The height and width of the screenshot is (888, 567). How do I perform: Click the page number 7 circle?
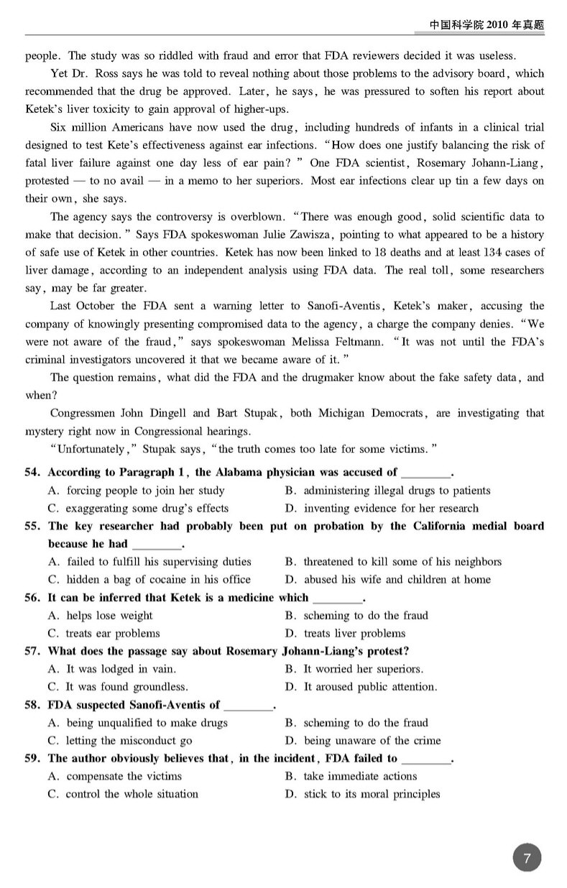click(527, 858)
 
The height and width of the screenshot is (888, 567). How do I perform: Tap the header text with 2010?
click(487, 24)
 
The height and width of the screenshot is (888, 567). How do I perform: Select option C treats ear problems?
click(104, 633)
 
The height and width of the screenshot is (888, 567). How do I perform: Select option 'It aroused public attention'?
click(361, 687)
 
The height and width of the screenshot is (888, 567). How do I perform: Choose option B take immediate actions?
click(351, 776)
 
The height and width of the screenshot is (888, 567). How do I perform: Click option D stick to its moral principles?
click(362, 794)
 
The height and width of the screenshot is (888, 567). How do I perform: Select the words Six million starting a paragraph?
click(80, 128)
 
